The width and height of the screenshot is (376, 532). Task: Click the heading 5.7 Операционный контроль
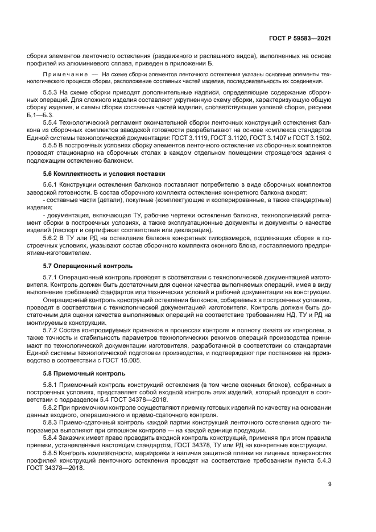coord(80,265)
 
